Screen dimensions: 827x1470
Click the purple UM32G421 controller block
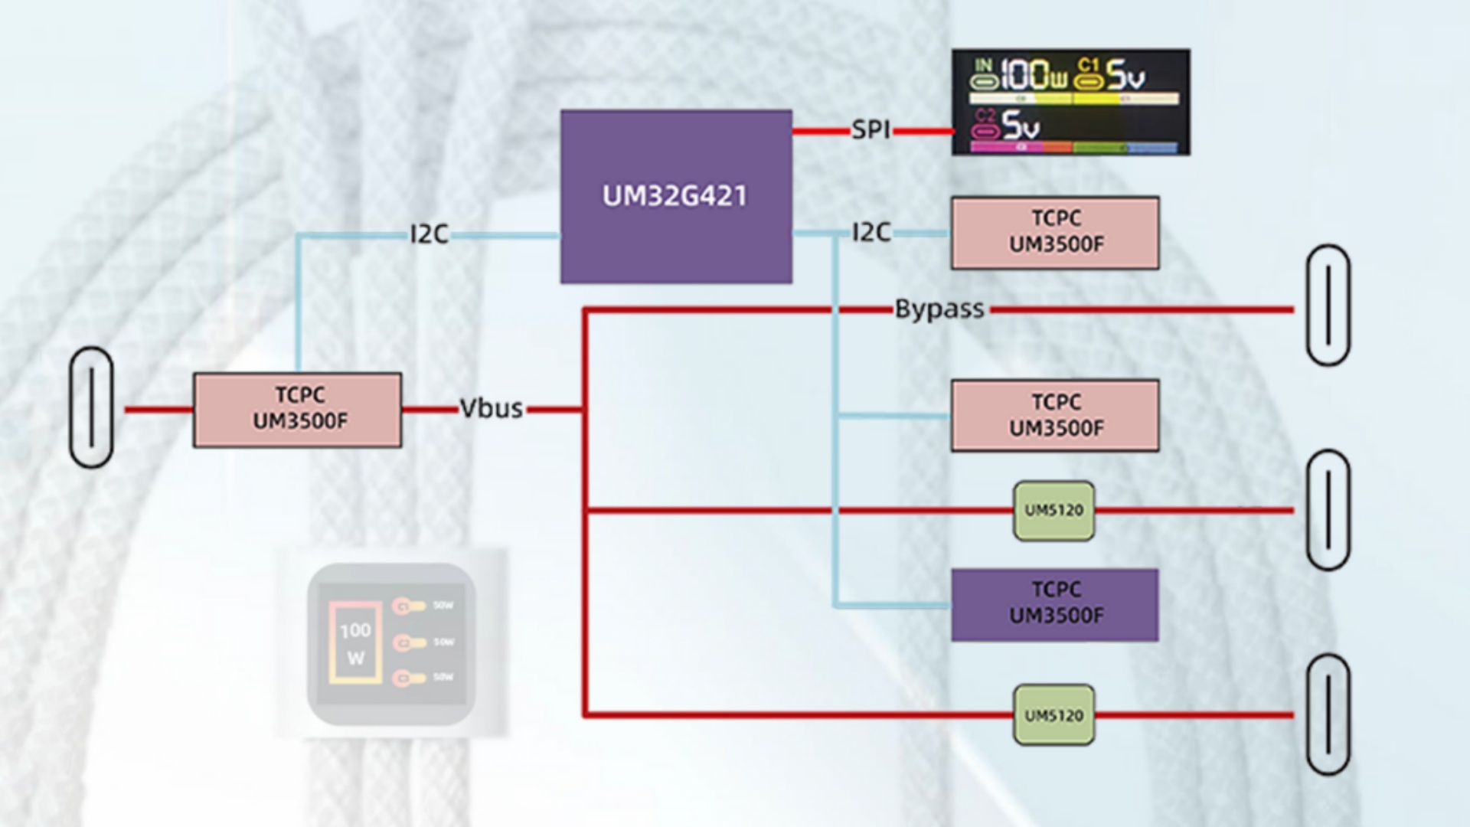(676, 197)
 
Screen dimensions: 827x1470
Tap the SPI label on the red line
(871, 130)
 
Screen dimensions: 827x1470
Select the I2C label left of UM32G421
(429, 234)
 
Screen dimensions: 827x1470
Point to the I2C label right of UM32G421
(871, 232)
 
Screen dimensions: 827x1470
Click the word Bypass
(939, 309)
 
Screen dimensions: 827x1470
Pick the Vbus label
(491, 409)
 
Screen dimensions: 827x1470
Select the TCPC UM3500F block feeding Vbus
(298, 410)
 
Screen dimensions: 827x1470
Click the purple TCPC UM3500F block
(1055, 604)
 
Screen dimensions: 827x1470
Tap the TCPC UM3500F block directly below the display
(1055, 233)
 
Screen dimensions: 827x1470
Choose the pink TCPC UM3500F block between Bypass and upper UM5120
(1055, 416)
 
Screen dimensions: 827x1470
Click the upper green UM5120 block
(1053, 511)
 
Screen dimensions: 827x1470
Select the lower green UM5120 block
(1053, 715)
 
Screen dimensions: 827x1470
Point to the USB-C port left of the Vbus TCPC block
(91, 407)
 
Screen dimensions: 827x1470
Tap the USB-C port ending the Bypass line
(1328, 305)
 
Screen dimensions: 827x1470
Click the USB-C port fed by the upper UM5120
(1328, 510)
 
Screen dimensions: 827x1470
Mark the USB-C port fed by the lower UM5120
(1328, 714)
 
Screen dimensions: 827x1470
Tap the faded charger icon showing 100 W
(391, 644)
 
